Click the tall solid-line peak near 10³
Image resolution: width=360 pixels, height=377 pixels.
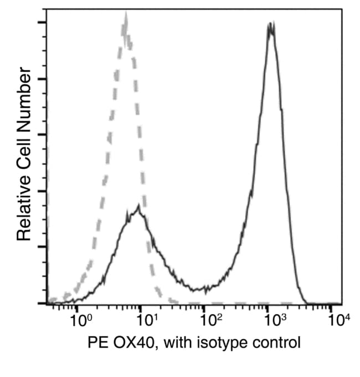point(270,25)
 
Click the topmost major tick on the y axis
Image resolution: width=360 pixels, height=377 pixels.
point(41,23)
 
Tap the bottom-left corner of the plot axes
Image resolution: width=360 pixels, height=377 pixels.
point(47,304)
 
